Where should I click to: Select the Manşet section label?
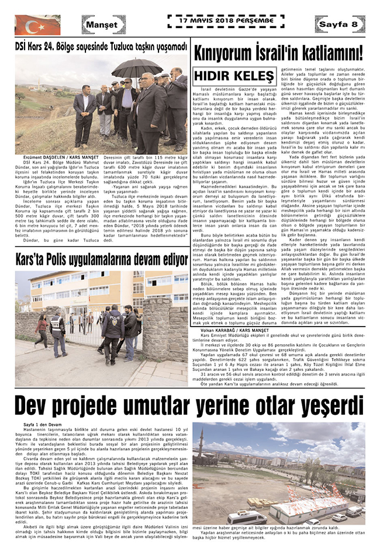[x=104, y=25]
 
